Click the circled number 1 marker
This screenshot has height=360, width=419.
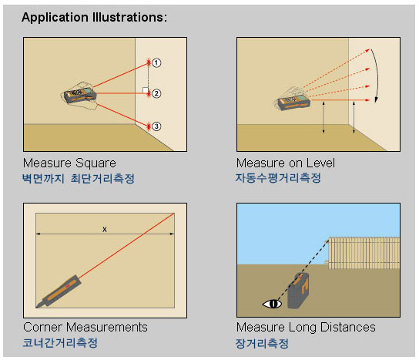156,63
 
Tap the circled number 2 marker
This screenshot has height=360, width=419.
156,93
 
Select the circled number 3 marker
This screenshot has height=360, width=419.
156,126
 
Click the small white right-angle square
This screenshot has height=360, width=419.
145,90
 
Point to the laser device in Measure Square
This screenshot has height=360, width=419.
80,96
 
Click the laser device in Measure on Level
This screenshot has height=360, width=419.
294,102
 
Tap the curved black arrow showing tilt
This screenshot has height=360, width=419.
375,75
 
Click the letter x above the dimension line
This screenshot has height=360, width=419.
105,229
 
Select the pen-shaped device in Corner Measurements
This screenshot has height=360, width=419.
59,291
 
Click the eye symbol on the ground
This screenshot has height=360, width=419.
272,304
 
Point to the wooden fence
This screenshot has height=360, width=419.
364,253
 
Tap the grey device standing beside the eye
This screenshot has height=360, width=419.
298,291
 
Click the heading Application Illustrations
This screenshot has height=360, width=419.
94,18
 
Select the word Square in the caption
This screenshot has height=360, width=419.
96,163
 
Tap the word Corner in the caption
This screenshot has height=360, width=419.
43,327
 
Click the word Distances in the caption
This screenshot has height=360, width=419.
347,327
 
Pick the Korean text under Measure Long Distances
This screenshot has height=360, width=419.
262,343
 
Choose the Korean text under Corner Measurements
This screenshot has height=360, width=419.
60,342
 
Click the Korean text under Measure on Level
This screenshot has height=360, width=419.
278,178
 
